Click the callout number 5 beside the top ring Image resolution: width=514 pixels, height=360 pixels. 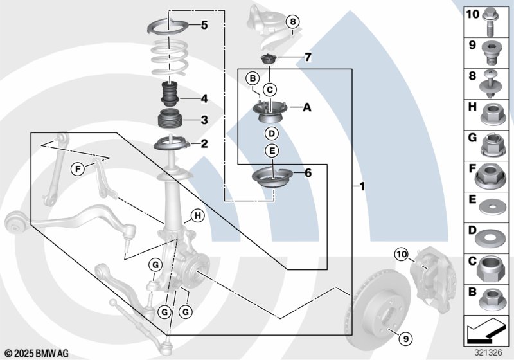(x=204, y=26)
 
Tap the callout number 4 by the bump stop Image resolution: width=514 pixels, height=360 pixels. (x=204, y=99)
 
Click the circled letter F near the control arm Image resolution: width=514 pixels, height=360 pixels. (x=77, y=169)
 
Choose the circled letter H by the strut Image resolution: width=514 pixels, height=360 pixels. (x=197, y=216)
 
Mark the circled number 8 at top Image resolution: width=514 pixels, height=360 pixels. (x=292, y=22)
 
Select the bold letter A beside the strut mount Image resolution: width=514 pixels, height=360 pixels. (x=307, y=107)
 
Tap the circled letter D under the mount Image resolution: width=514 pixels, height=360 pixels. (x=272, y=134)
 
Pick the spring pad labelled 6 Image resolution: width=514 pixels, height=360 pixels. (x=271, y=177)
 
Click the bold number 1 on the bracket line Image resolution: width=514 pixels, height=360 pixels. (x=362, y=187)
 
